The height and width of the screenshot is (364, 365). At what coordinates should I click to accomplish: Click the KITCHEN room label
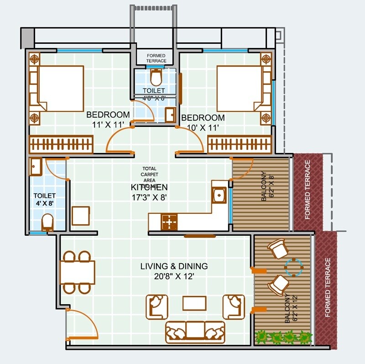coord(149,187)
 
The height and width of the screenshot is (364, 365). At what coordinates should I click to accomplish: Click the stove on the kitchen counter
coord(169,222)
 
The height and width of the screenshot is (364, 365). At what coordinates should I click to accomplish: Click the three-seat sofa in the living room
coord(195,332)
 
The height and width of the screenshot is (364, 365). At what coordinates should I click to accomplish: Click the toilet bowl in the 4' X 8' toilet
coord(47,222)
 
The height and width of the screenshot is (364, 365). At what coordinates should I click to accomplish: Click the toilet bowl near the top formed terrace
coord(156,77)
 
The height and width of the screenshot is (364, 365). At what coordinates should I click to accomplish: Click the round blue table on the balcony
coord(293,267)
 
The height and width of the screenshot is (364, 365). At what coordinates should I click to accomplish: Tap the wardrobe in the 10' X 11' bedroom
coord(240,144)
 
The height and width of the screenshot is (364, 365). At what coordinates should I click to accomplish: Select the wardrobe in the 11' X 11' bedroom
coord(62,144)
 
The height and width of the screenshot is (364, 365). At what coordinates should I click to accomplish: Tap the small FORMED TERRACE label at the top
coord(156,58)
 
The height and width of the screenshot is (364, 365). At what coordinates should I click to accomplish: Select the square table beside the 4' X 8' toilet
coord(81,216)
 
